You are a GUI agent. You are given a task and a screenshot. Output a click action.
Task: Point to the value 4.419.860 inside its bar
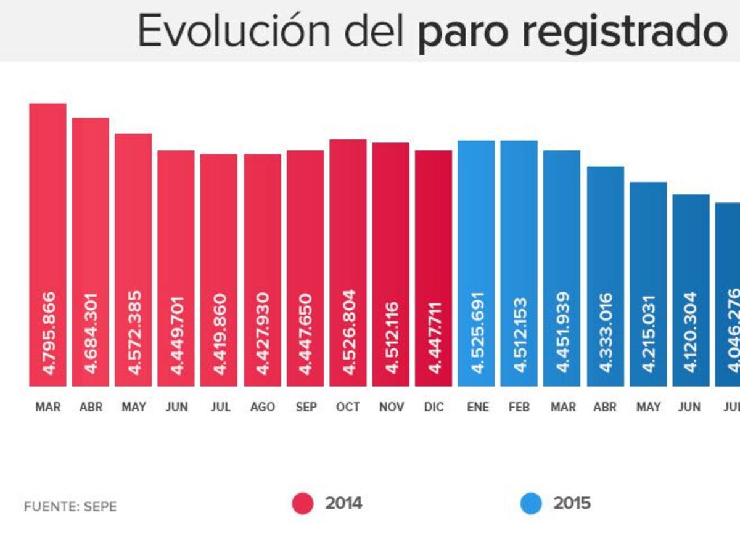[x=220, y=334]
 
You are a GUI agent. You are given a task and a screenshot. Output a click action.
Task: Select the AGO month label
[x=263, y=408]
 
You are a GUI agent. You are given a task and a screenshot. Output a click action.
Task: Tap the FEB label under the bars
[x=519, y=408]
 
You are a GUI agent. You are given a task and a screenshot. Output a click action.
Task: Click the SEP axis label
[x=305, y=408]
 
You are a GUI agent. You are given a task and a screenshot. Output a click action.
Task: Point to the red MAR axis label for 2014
[x=47, y=408]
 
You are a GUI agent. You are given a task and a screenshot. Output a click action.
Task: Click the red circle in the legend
[x=303, y=504]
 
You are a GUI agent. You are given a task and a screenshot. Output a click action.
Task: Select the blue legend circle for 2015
[x=530, y=504]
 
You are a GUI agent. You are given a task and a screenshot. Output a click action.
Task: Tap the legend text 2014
[x=343, y=504]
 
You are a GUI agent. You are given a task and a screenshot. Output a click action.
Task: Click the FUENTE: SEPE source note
[x=70, y=507]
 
